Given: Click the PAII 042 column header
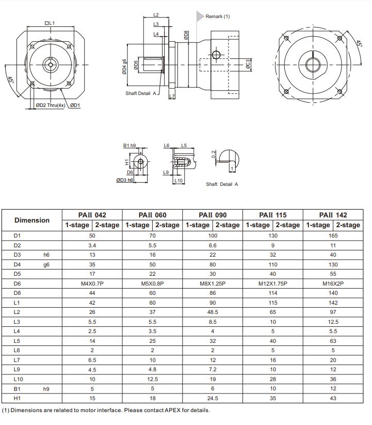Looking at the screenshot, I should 92,215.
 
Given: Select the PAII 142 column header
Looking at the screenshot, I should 333,215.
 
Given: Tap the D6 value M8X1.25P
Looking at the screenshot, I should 213,284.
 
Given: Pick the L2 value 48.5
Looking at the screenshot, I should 213,312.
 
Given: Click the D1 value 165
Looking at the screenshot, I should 333,235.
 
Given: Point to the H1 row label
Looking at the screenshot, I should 17,398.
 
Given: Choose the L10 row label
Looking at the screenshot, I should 19,379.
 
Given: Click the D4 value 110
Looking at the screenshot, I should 273,264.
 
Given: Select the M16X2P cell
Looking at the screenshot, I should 333,284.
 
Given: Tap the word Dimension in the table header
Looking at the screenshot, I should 32,220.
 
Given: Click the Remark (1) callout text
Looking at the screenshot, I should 218,17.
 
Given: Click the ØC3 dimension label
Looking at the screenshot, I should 248,64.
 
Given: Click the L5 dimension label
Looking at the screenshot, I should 184,146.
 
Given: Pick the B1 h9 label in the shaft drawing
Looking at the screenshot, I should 129,146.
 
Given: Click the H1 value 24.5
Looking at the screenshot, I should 213,398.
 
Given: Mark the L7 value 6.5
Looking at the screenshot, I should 92,360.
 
